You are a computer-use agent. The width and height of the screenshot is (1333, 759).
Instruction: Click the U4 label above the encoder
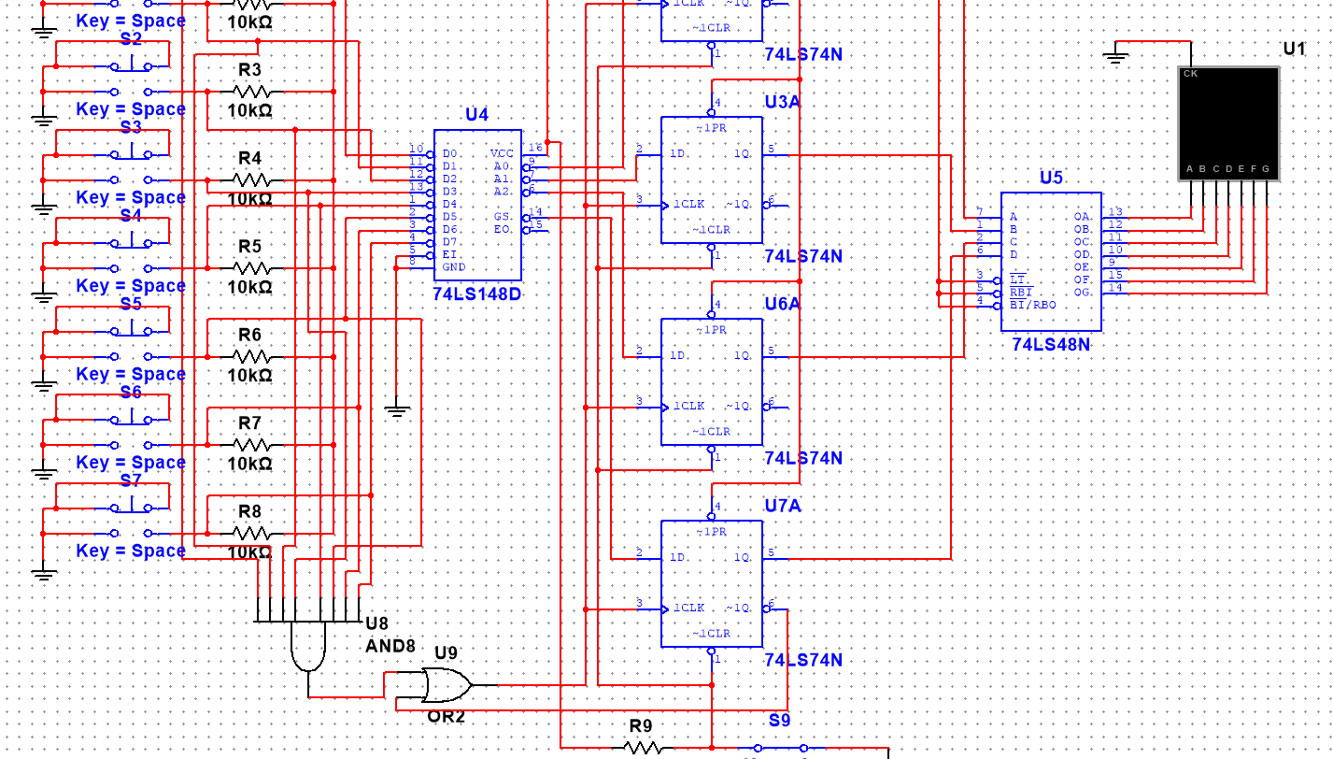point(476,115)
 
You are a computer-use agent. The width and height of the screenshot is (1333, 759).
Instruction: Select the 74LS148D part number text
point(477,294)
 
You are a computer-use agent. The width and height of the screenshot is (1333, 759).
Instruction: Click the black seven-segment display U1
point(1228,122)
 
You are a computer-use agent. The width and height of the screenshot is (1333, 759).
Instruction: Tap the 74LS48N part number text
point(1051,345)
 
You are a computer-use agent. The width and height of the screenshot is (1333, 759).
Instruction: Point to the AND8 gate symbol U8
point(309,646)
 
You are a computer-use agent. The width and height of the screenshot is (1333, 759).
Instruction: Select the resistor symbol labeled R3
point(251,92)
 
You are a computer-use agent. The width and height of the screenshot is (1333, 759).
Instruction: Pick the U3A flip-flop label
point(782,102)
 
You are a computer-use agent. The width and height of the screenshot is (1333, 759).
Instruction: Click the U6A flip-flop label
point(782,304)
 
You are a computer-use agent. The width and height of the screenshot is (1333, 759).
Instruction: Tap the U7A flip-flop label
point(782,506)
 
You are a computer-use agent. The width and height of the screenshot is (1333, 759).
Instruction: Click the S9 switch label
point(779,721)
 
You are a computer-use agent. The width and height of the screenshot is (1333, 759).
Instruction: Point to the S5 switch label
point(131,304)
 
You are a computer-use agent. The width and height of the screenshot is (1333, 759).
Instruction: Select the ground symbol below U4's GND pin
point(397,409)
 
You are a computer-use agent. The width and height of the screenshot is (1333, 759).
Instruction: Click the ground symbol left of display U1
point(1115,58)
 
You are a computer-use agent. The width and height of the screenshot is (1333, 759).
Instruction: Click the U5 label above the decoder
point(1051,179)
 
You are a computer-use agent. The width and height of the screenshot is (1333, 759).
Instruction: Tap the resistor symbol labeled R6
point(251,356)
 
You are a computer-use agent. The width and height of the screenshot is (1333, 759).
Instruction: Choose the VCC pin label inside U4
point(502,153)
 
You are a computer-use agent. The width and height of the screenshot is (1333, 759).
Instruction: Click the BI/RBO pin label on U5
point(1031,306)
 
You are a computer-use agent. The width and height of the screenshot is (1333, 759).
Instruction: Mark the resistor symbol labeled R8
point(251,533)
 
